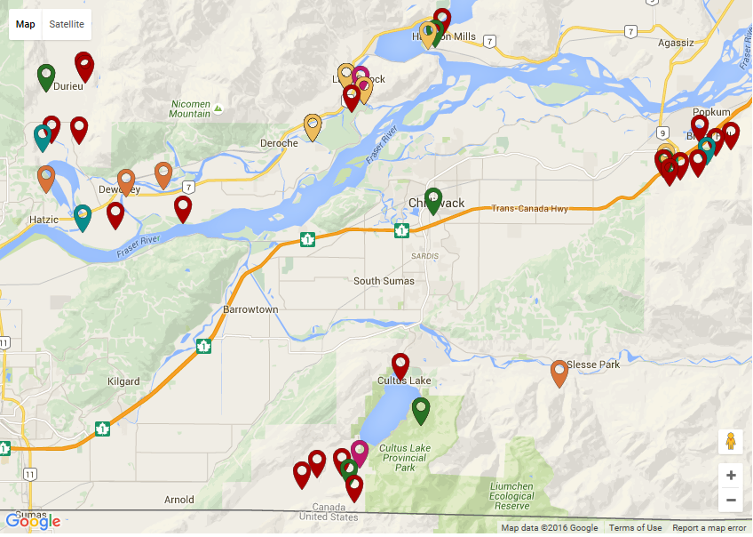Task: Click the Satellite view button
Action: coord(67,24)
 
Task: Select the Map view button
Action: coord(26,24)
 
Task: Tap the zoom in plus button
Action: coord(731,476)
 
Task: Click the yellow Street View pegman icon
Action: coord(731,442)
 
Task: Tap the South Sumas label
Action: coord(385,281)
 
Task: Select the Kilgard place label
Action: coord(123,381)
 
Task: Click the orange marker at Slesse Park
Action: coord(559,371)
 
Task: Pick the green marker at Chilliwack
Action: coord(433,198)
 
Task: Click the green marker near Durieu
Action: coord(46,76)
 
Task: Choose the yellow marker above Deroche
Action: coord(313,124)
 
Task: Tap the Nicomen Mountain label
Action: coord(190,108)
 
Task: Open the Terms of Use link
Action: coord(635,528)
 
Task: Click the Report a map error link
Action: coord(709,528)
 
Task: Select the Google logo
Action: coord(33,521)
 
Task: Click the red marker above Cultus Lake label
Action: coord(400,364)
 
